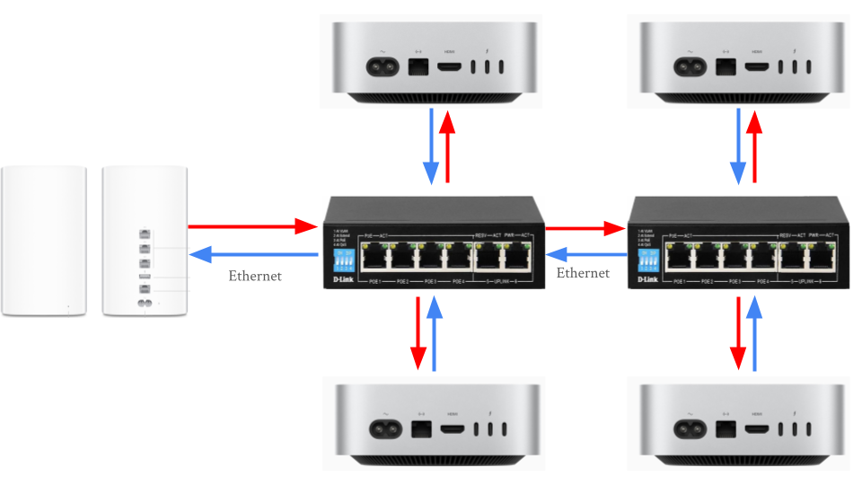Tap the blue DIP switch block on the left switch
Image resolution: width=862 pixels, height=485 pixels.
pos(343,260)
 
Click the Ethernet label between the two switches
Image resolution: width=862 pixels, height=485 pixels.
pos(584,272)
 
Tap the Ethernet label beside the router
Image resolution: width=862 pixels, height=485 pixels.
pos(255,276)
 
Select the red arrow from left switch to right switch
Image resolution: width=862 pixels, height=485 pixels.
pos(585,226)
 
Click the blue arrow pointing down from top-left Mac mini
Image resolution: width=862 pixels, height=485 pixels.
pos(431,145)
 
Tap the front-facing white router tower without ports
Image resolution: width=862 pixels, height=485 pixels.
pos(44,240)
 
